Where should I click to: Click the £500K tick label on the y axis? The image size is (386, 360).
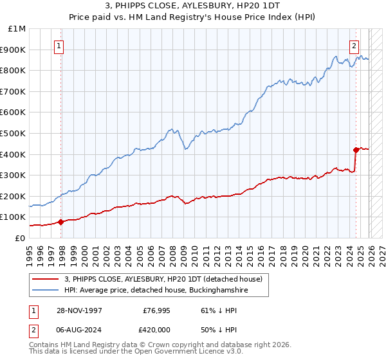click(x=14, y=134)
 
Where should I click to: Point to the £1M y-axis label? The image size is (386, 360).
click(x=17, y=29)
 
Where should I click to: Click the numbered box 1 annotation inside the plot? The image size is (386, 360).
click(x=59, y=45)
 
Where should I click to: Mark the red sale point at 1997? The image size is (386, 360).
click(x=61, y=222)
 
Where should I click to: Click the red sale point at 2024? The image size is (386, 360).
click(x=356, y=150)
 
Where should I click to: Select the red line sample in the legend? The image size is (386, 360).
click(x=46, y=280)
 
